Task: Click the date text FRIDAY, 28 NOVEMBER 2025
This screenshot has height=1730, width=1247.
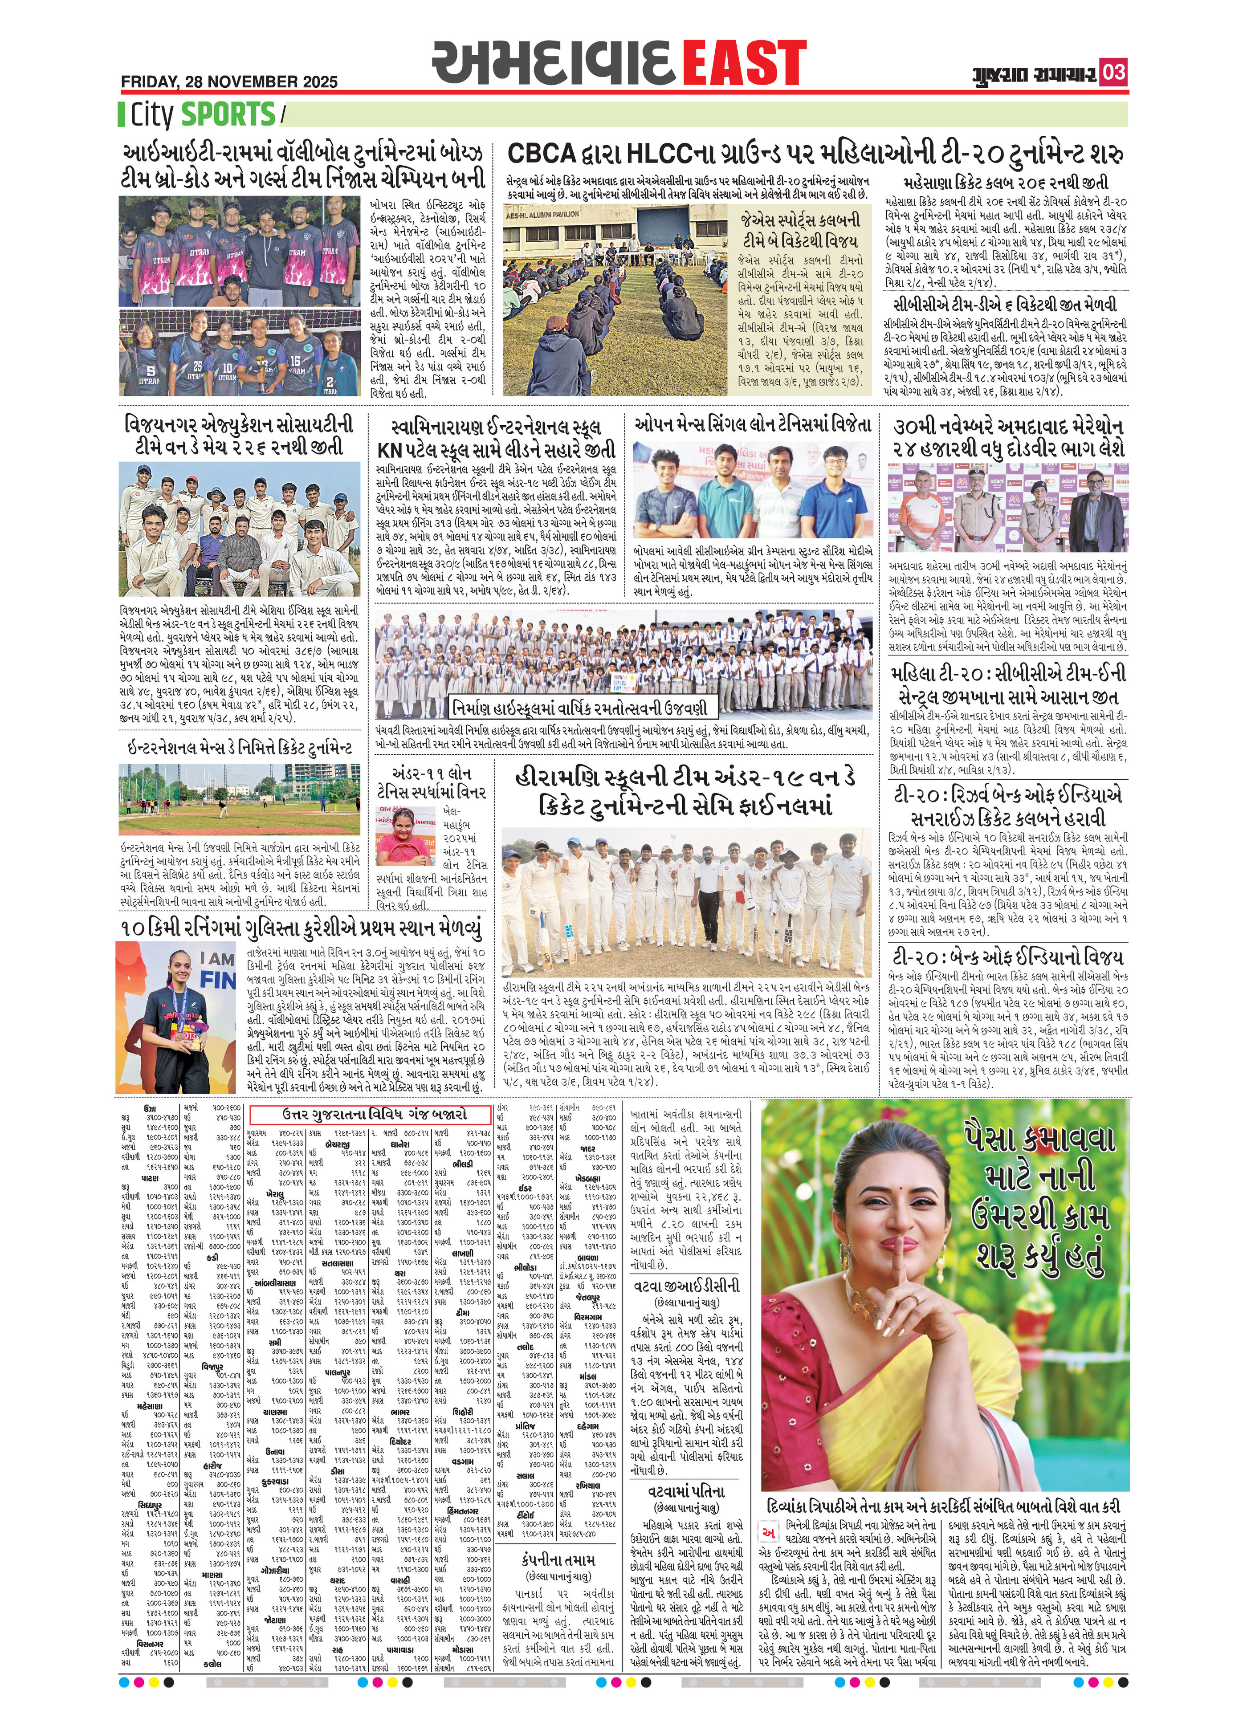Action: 229,81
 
